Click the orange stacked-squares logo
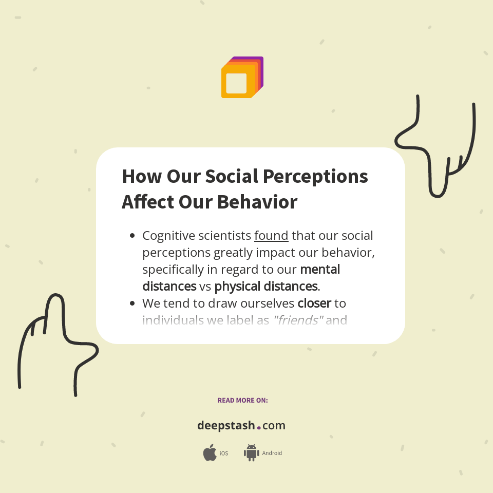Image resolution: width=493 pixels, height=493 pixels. (x=242, y=78)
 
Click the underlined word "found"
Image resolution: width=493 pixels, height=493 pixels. (x=271, y=236)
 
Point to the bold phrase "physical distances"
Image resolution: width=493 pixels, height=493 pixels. (x=266, y=286)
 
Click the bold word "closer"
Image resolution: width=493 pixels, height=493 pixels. (x=314, y=304)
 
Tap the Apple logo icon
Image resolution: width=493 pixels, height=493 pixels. (x=210, y=453)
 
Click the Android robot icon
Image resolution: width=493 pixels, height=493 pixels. (x=251, y=453)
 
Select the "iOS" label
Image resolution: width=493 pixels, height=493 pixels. (x=224, y=453)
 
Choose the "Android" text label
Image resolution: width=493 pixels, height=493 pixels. (x=272, y=453)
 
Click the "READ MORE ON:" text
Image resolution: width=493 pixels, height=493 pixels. (x=242, y=400)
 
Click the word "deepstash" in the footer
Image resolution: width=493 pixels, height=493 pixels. (x=226, y=426)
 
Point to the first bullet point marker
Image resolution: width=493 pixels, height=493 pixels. (x=132, y=236)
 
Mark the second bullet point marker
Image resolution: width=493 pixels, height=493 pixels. (x=132, y=304)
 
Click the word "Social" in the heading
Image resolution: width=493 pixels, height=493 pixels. (x=230, y=177)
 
